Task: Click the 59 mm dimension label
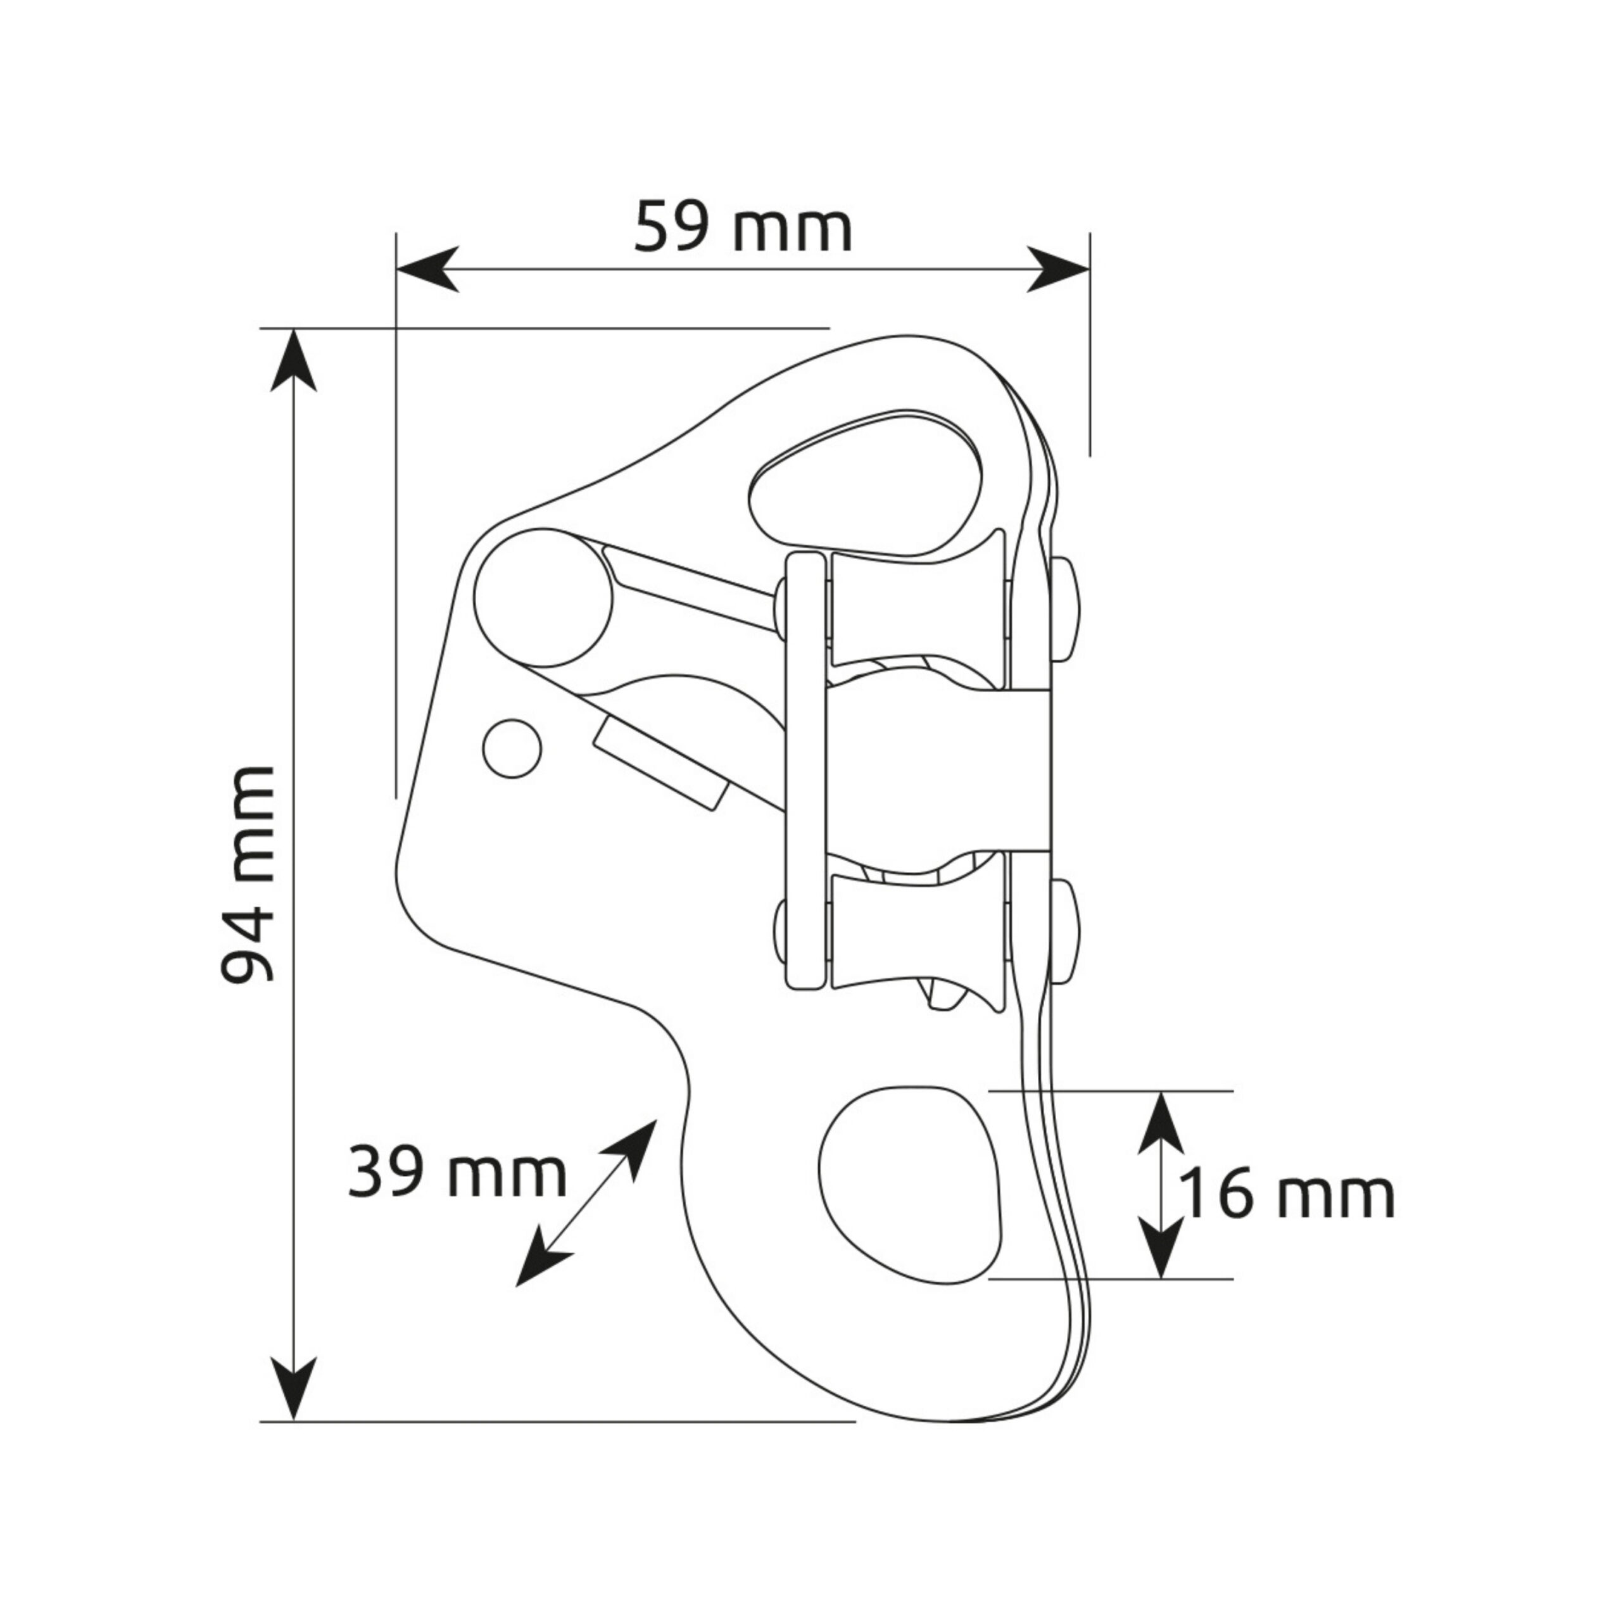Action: [x=743, y=227]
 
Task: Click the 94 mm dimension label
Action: [x=248, y=874]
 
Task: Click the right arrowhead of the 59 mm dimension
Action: [x=1058, y=269]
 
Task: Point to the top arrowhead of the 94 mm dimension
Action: [x=294, y=361]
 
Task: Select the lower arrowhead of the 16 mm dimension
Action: [x=1161, y=1247]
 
